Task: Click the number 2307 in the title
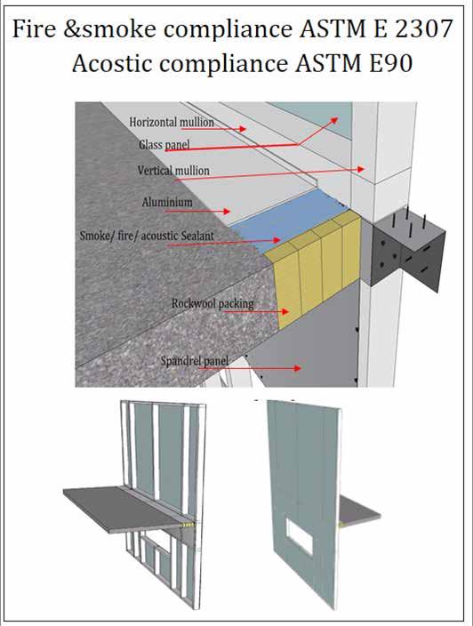[424, 28]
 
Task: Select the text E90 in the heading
[390, 63]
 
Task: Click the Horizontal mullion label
[172, 122]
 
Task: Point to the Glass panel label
[164, 145]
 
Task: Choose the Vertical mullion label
[173, 171]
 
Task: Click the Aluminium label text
[167, 202]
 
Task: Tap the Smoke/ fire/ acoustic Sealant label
[147, 236]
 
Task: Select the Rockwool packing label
[212, 303]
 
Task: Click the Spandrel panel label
[195, 361]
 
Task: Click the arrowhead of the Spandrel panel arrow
[298, 368]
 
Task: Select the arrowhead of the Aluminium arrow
[227, 211]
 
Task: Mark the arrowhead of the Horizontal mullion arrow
[243, 129]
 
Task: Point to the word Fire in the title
[35, 28]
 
